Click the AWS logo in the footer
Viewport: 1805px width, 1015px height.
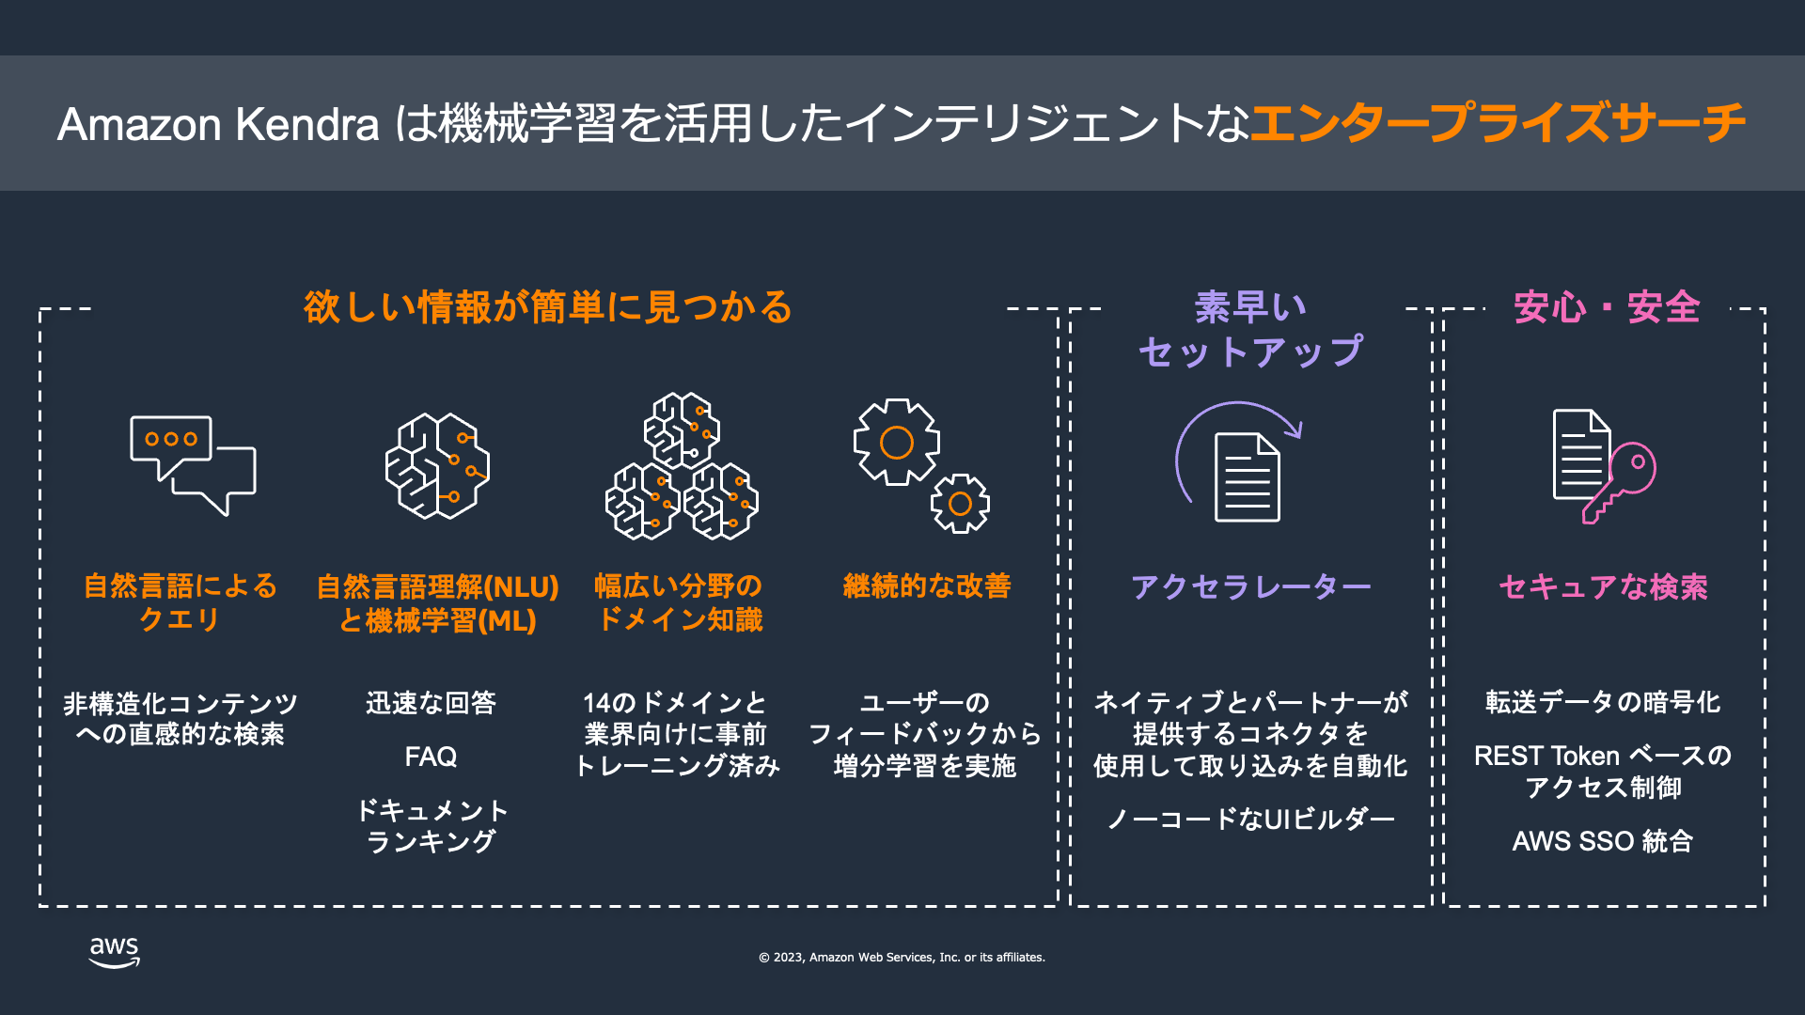point(115,951)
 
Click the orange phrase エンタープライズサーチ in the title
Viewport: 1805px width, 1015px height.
point(1497,123)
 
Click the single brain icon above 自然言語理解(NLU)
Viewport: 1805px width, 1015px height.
point(437,465)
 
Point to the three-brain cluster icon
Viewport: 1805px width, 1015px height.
point(682,466)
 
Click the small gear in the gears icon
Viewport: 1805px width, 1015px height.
point(960,504)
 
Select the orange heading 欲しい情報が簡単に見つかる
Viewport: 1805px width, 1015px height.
point(548,307)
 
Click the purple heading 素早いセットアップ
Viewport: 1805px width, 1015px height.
point(1250,329)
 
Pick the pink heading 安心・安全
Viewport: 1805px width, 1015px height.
point(1607,307)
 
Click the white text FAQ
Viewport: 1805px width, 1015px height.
point(431,757)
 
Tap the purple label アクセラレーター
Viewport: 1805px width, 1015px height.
point(1250,587)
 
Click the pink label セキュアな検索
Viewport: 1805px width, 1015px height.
point(1603,587)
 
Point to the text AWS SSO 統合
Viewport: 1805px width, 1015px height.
point(1603,841)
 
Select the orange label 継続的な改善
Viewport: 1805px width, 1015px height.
point(927,586)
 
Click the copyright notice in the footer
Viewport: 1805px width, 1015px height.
point(902,958)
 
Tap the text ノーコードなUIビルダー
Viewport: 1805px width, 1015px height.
point(1250,820)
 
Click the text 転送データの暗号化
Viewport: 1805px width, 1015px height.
point(1603,702)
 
